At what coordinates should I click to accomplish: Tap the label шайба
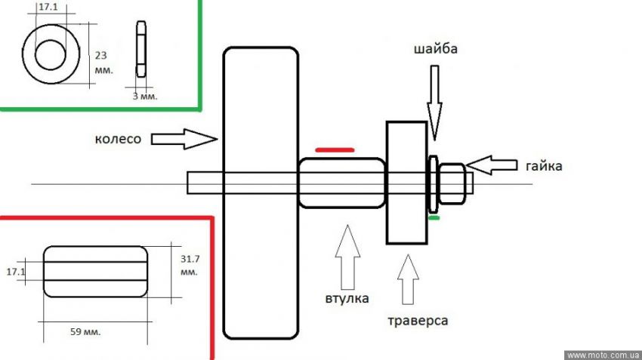(x=436, y=50)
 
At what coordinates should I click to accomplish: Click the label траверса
(x=416, y=321)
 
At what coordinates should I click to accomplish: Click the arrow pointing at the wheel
(x=184, y=139)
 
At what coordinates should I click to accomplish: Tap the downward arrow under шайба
(x=435, y=98)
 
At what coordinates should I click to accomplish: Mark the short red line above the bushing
(x=335, y=150)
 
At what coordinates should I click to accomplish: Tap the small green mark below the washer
(x=433, y=218)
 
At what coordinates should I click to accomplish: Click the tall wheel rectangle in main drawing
(x=260, y=192)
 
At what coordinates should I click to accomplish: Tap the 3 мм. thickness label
(x=140, y=96)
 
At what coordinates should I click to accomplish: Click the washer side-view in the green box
(x=140, y=48)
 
